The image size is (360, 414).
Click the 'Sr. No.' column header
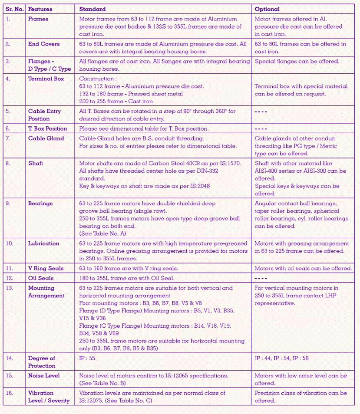coord(13,9)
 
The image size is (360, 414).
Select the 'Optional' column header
coord(267,9)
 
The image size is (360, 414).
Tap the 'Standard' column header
coord(92,9)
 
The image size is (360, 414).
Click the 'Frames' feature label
coord(38,19)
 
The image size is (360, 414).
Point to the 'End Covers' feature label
coord(44,44)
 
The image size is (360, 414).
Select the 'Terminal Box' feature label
coord(46,79)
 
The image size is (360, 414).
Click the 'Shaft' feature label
coord(36,164)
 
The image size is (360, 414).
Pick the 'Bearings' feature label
coord(40,203)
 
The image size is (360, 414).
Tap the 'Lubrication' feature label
coord(43,243)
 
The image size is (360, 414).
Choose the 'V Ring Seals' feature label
coord(46,268)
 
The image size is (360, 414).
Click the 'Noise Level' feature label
coord(44,375)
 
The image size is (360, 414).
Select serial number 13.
coord(9,288)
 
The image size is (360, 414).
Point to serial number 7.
coord(8,138)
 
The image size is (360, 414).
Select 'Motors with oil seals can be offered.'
coord(303,268)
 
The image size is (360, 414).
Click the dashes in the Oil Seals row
coord(261,278)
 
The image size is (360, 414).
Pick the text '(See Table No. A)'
coord(102,233)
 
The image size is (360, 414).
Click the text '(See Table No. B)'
coord(102,383)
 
